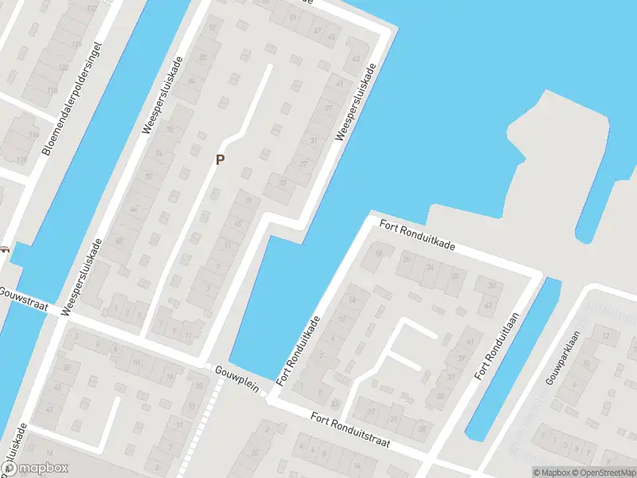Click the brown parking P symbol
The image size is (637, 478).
pyautogui.click(x=221, y=159)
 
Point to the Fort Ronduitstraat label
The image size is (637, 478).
pyautogui.click(x=350, y=430)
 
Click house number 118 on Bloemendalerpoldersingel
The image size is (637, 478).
pyautogui.click(x=52, y=91)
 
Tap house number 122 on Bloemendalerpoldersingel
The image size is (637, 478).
pyautogui.click(x=64, y=69)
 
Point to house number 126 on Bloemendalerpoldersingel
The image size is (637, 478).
pyautogui.click(x=76, y=45)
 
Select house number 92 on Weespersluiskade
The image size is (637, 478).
pyautogui.click(x=212, y=28)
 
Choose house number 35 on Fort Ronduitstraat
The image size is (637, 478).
pyautogui.click(x=422, y=429)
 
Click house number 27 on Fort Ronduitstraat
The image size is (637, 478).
pyautogui.click(x=370, y=411)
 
